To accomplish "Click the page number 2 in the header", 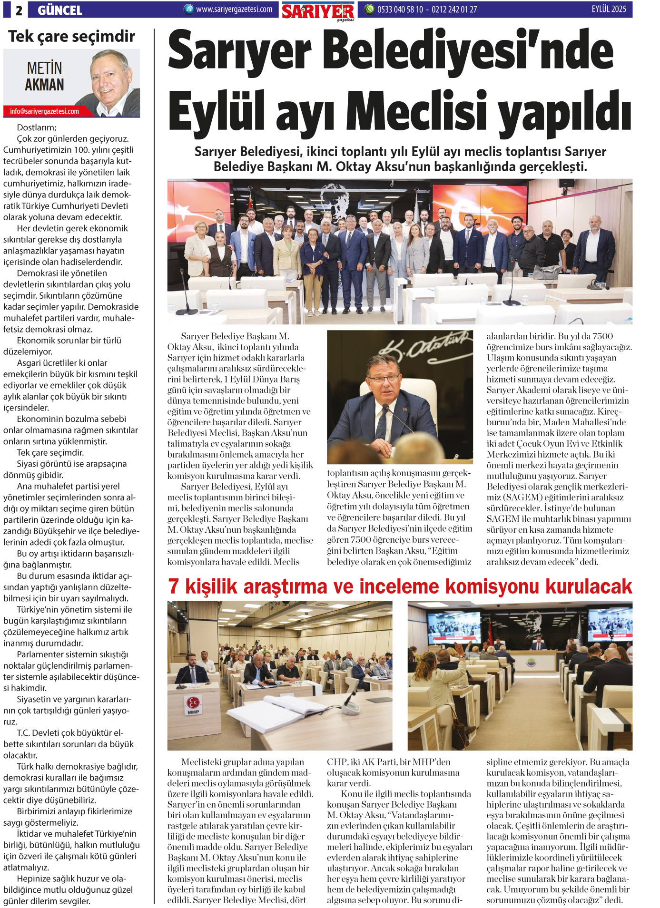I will pyautogui.click(x=19, y=10).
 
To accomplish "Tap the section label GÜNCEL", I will pyautogui.click(x=60, y=10).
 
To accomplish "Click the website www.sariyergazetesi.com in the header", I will pyautogui.click(x=234, y=9).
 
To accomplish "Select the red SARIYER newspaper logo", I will pyautogui.click(x=317, y=11).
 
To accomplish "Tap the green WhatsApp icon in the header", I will pyautogui.click(x=369, y=9).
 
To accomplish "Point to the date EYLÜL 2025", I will pyautogui.click(x=609, y=9).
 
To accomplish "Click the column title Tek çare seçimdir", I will pyautogui.click(x=71, y=36).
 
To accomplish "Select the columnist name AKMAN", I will pyautogui.click(x=44, y=85).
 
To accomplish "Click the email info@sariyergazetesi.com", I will pyautogui.click(x=44, y=111).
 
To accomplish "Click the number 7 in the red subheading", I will pyautogui.click(x=174, y=586).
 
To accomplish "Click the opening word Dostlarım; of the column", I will pyautogui.click(x=37, y=127).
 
